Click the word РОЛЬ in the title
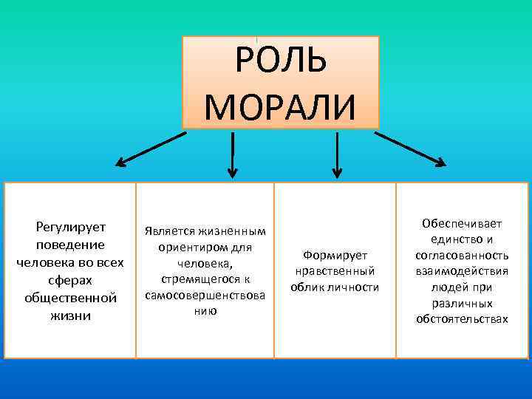(280, 61)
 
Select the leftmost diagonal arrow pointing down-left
(151, 148)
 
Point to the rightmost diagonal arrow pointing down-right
(410, 148)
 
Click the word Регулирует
(70, 226)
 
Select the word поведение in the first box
(70, 244)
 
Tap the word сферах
(70, 280)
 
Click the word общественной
(70, 298)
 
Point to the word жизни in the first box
(70, 316)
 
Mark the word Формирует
(335, 254)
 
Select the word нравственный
(335, 270)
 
